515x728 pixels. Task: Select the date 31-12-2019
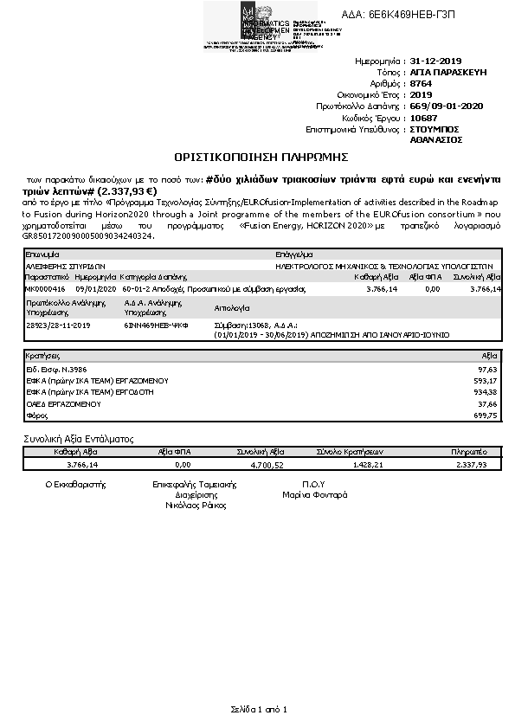pyautogui.click(x=437, y=61)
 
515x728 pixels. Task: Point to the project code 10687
pyautogui.click(x=422, y=117)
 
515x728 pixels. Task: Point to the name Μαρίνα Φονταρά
pyautogui.click(x=315, y=495)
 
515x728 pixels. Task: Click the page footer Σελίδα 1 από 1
pyautogui.click(x=258, y=709)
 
